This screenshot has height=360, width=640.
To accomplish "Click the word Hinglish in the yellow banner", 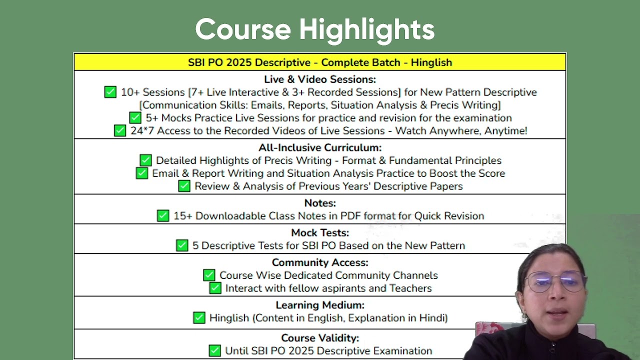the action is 431,62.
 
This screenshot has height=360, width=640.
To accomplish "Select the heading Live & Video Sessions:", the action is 320,79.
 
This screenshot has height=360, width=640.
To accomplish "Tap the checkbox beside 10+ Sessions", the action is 110,92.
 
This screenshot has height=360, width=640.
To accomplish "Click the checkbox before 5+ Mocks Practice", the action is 135,117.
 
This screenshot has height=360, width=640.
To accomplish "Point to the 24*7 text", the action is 142,131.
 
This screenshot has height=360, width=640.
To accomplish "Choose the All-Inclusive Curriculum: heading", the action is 320,147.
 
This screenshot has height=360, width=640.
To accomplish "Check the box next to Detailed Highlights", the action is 145,160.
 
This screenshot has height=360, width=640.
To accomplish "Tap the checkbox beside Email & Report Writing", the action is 141,173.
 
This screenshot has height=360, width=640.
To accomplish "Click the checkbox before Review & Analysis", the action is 184,186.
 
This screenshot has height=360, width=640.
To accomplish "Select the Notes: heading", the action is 320,203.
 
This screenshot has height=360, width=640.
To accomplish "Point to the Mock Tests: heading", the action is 320,233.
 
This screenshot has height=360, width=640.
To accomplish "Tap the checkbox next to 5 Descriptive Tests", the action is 182,245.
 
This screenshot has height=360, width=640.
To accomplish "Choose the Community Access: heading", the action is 320,262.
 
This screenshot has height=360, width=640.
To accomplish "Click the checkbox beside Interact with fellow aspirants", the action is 215,288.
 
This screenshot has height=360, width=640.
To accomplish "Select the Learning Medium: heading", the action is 320,305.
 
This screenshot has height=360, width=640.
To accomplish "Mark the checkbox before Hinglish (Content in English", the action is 199,317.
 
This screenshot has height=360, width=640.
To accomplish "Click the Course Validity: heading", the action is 320,338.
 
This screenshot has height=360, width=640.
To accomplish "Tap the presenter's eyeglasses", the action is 554,281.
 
